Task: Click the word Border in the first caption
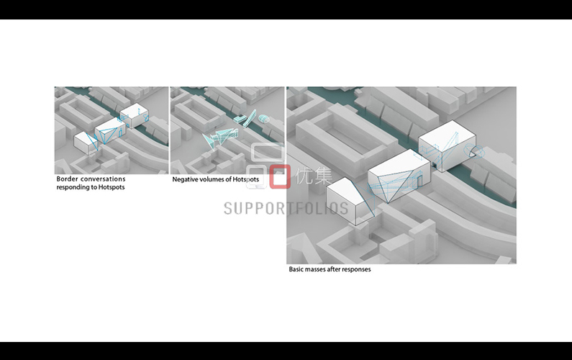click(67, 179)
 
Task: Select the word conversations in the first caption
click(103, 179)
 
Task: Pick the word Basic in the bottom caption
click(296, 269)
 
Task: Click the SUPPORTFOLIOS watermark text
click(286, 209)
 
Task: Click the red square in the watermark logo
click(280, 176)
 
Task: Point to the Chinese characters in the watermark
click(314, 176)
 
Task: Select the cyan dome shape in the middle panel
click(263, 119)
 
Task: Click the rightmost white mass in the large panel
click(448, 145)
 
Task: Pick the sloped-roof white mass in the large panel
click(350, 201)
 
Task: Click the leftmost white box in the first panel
click(86, 143)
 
